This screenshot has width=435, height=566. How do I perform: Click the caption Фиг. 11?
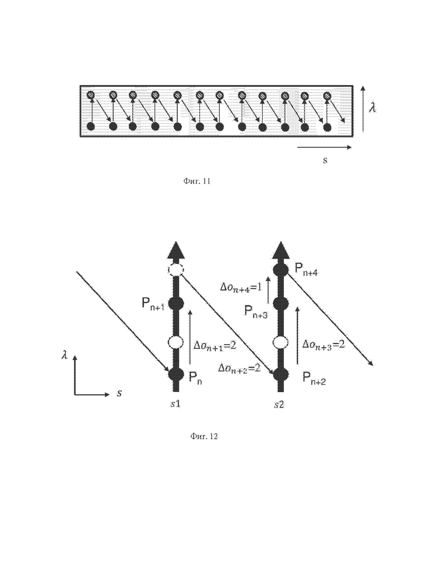[196, 181]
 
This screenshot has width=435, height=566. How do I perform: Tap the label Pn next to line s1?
[195, 378]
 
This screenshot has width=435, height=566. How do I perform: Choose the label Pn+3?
[255, 311]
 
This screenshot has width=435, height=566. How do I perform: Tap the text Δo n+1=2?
[215, 346]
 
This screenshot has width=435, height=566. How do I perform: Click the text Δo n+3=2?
[323, 345]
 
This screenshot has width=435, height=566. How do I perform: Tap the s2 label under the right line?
[279, 404]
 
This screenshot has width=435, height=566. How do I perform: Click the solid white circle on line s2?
[280, 342]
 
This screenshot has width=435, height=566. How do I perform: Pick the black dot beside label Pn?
[176, 374]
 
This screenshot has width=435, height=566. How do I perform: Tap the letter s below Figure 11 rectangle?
[325, 161]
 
